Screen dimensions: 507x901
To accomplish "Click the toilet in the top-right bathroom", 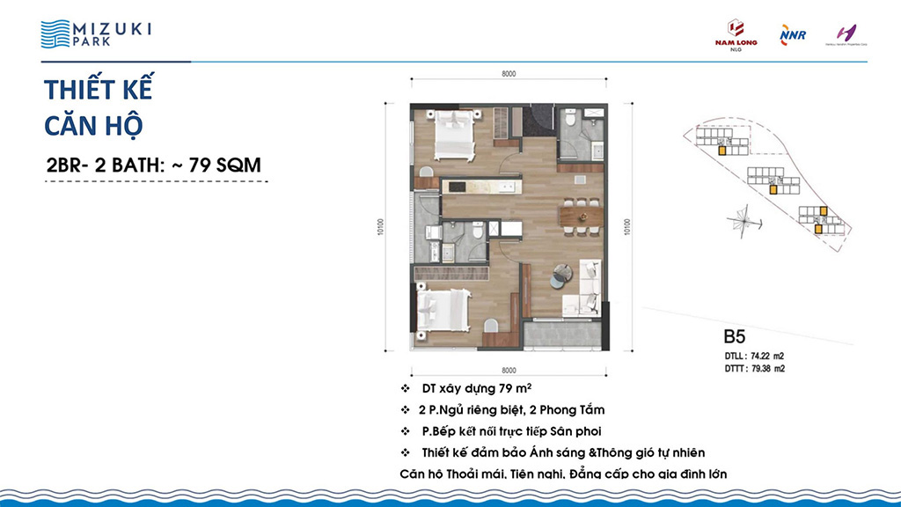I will (x=570, y=118).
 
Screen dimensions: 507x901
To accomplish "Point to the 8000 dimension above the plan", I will (x=509, y=74).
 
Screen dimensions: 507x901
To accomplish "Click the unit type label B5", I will (x=735, y=335).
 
